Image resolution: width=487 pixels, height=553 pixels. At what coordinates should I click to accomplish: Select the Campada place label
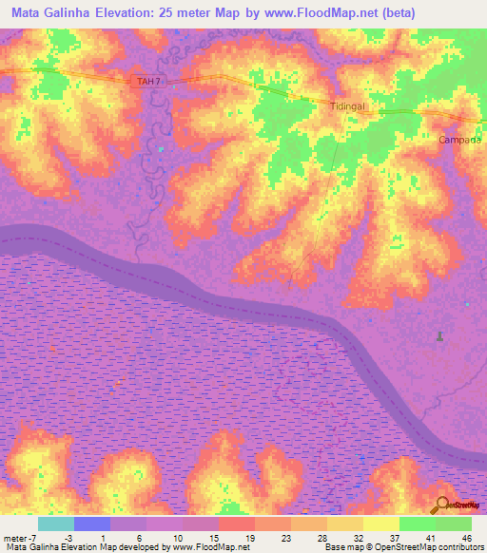[460, 140]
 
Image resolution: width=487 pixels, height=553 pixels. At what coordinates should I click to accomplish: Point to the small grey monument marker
[438, 336]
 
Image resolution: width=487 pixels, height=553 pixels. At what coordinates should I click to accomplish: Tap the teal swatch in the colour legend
[56, 524]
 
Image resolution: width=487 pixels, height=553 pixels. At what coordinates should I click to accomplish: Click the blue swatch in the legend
[92, 524]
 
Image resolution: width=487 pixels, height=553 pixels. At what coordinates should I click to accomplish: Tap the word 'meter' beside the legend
[13, 537]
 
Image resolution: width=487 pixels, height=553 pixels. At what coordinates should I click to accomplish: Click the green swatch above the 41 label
[418, 524]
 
